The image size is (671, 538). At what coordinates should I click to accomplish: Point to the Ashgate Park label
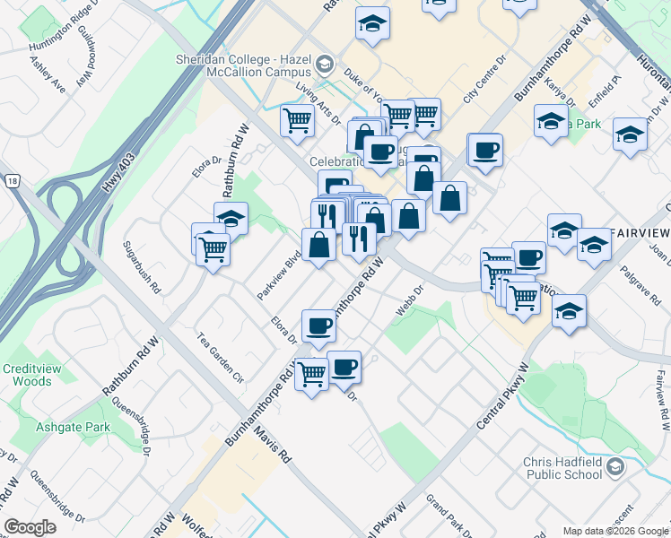point(73,427)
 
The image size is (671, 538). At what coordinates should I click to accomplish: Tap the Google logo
point(31,526)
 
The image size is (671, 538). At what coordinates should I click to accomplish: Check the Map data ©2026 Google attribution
point(615,531)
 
